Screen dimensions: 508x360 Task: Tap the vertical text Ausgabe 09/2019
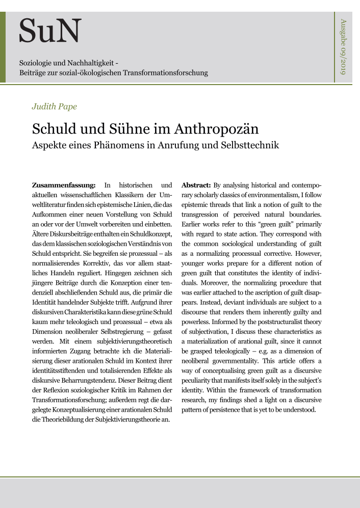[x=343, y=46]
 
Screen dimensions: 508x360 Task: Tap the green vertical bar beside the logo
[x=3, y=47]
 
